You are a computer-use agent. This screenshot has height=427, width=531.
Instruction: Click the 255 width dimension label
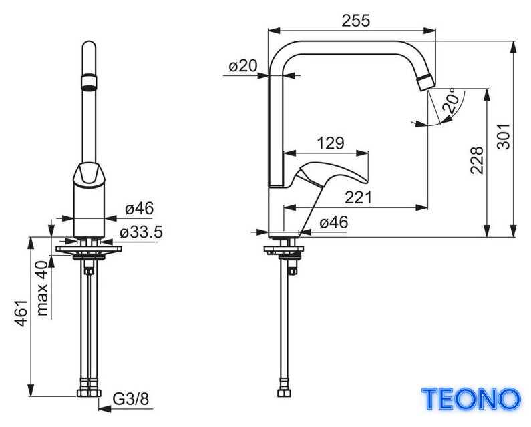[356, 21]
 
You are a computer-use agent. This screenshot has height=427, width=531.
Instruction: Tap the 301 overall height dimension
[503, 136]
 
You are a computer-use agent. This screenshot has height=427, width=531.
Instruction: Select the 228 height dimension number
[477, 160]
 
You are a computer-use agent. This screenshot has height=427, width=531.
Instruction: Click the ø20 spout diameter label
[243, 65]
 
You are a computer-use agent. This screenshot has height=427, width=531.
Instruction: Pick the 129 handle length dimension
[331, 143]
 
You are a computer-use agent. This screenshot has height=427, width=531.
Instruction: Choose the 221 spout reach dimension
[358, 197]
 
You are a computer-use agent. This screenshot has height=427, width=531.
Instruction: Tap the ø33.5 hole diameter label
[141, 232]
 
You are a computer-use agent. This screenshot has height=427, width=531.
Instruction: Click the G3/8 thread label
[131, 399]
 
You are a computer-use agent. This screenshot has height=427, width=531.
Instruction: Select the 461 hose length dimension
[21, 313]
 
